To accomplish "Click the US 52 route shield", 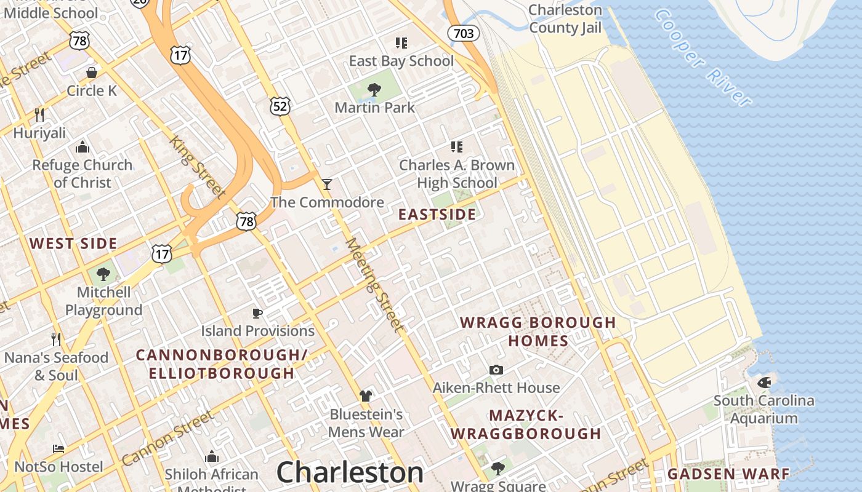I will (x=280, y=106).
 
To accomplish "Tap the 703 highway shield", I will (x=463, y=33).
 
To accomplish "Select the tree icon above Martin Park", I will (x=374, y=90).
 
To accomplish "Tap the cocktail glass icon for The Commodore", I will (x=327, y=184).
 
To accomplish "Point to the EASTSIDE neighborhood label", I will (x=437, y=214).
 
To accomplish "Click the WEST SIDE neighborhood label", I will (x=73, y=244).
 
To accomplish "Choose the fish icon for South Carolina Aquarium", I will (x=763, y=383).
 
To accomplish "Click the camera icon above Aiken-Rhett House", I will (x=496, y=370).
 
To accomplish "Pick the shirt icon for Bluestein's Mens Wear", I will (x=366, y=395).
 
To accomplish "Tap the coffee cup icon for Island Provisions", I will (x=257, y=313).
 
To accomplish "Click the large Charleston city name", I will (x=350, y=472).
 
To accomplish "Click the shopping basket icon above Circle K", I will (x=92, y=73).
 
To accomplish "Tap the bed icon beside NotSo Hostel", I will (x=58, y=448).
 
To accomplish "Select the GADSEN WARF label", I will (x=728, y=474).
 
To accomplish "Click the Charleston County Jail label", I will (x=565, y=18).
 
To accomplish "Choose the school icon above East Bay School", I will (x=401, y=42).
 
